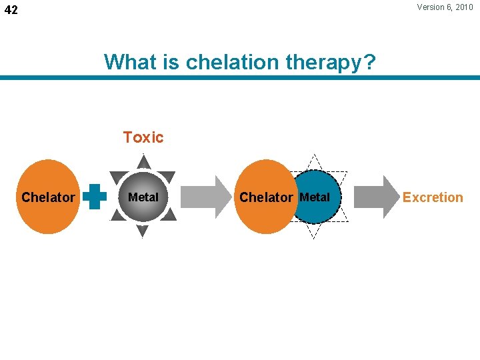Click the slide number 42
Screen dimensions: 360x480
[12, 11]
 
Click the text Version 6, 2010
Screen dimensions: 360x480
[445, 7]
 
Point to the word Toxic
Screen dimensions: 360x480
[143, 137]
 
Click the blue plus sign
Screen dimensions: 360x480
[97, 197]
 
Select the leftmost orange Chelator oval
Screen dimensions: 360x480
[48, 197]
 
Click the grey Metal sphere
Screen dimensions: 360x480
[143, 197]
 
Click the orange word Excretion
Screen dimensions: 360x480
[433, 197]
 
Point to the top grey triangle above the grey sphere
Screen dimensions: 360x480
[143, 163]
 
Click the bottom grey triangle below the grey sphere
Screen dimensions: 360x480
[143, 231]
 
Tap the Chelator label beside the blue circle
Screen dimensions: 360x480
[265, 197]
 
